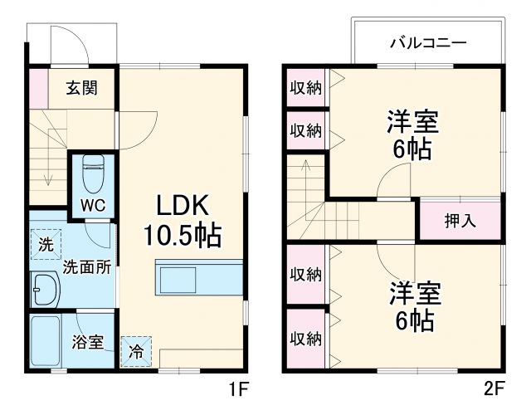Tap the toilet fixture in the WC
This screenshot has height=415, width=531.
point(93,171)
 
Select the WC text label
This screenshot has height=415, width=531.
point(92,205)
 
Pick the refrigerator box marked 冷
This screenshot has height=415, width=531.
point(135,351)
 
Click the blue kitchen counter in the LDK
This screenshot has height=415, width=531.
point(199,276)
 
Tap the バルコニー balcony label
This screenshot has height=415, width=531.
point(427,43)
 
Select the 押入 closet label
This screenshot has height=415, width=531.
point(460,222)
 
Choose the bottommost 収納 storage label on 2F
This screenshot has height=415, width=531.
point(304,338)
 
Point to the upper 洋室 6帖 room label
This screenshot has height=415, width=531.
point(412,135)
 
